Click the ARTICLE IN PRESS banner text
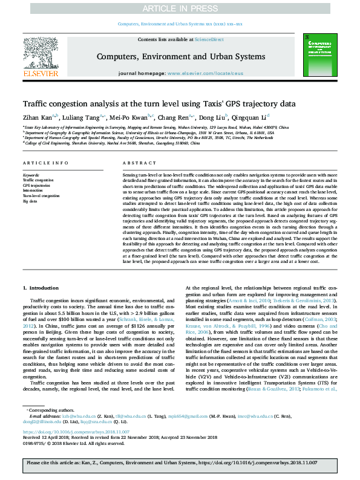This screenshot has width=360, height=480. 180,9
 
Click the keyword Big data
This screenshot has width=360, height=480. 30,201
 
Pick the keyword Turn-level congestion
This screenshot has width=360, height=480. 41,196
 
